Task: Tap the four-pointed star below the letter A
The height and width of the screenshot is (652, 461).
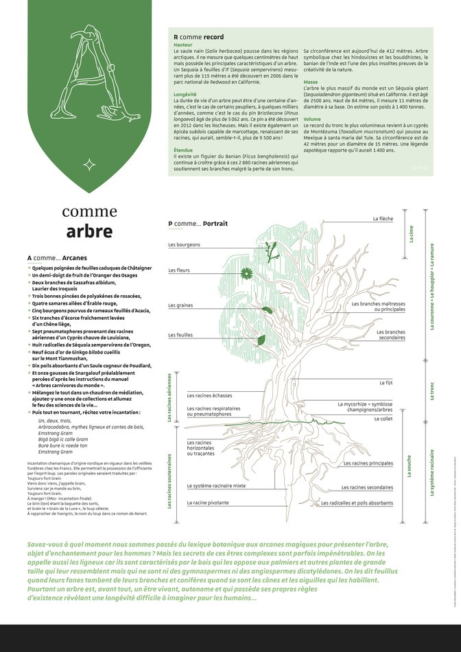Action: click(89, 164)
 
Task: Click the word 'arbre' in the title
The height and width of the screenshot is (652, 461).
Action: click(89, 231)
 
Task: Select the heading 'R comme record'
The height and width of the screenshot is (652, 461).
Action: click(198, 37)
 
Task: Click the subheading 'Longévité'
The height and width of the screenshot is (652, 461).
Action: click(186, 94)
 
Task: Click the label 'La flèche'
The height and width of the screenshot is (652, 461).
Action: click(383, 219)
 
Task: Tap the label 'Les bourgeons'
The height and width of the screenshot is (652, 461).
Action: click(184, 245)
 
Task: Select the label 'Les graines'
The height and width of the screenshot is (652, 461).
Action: click(180, 305)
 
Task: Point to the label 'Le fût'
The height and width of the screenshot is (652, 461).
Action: click(386, 382)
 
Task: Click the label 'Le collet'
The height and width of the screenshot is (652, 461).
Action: click(385, 418)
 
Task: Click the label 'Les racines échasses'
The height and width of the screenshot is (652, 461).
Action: click(210, 395)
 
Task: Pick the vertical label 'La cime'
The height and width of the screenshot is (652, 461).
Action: click(412, 235)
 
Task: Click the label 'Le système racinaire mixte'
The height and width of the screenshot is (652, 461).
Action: click(217, 486)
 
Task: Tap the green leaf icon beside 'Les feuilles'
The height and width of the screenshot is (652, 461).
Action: click(261, 340)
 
